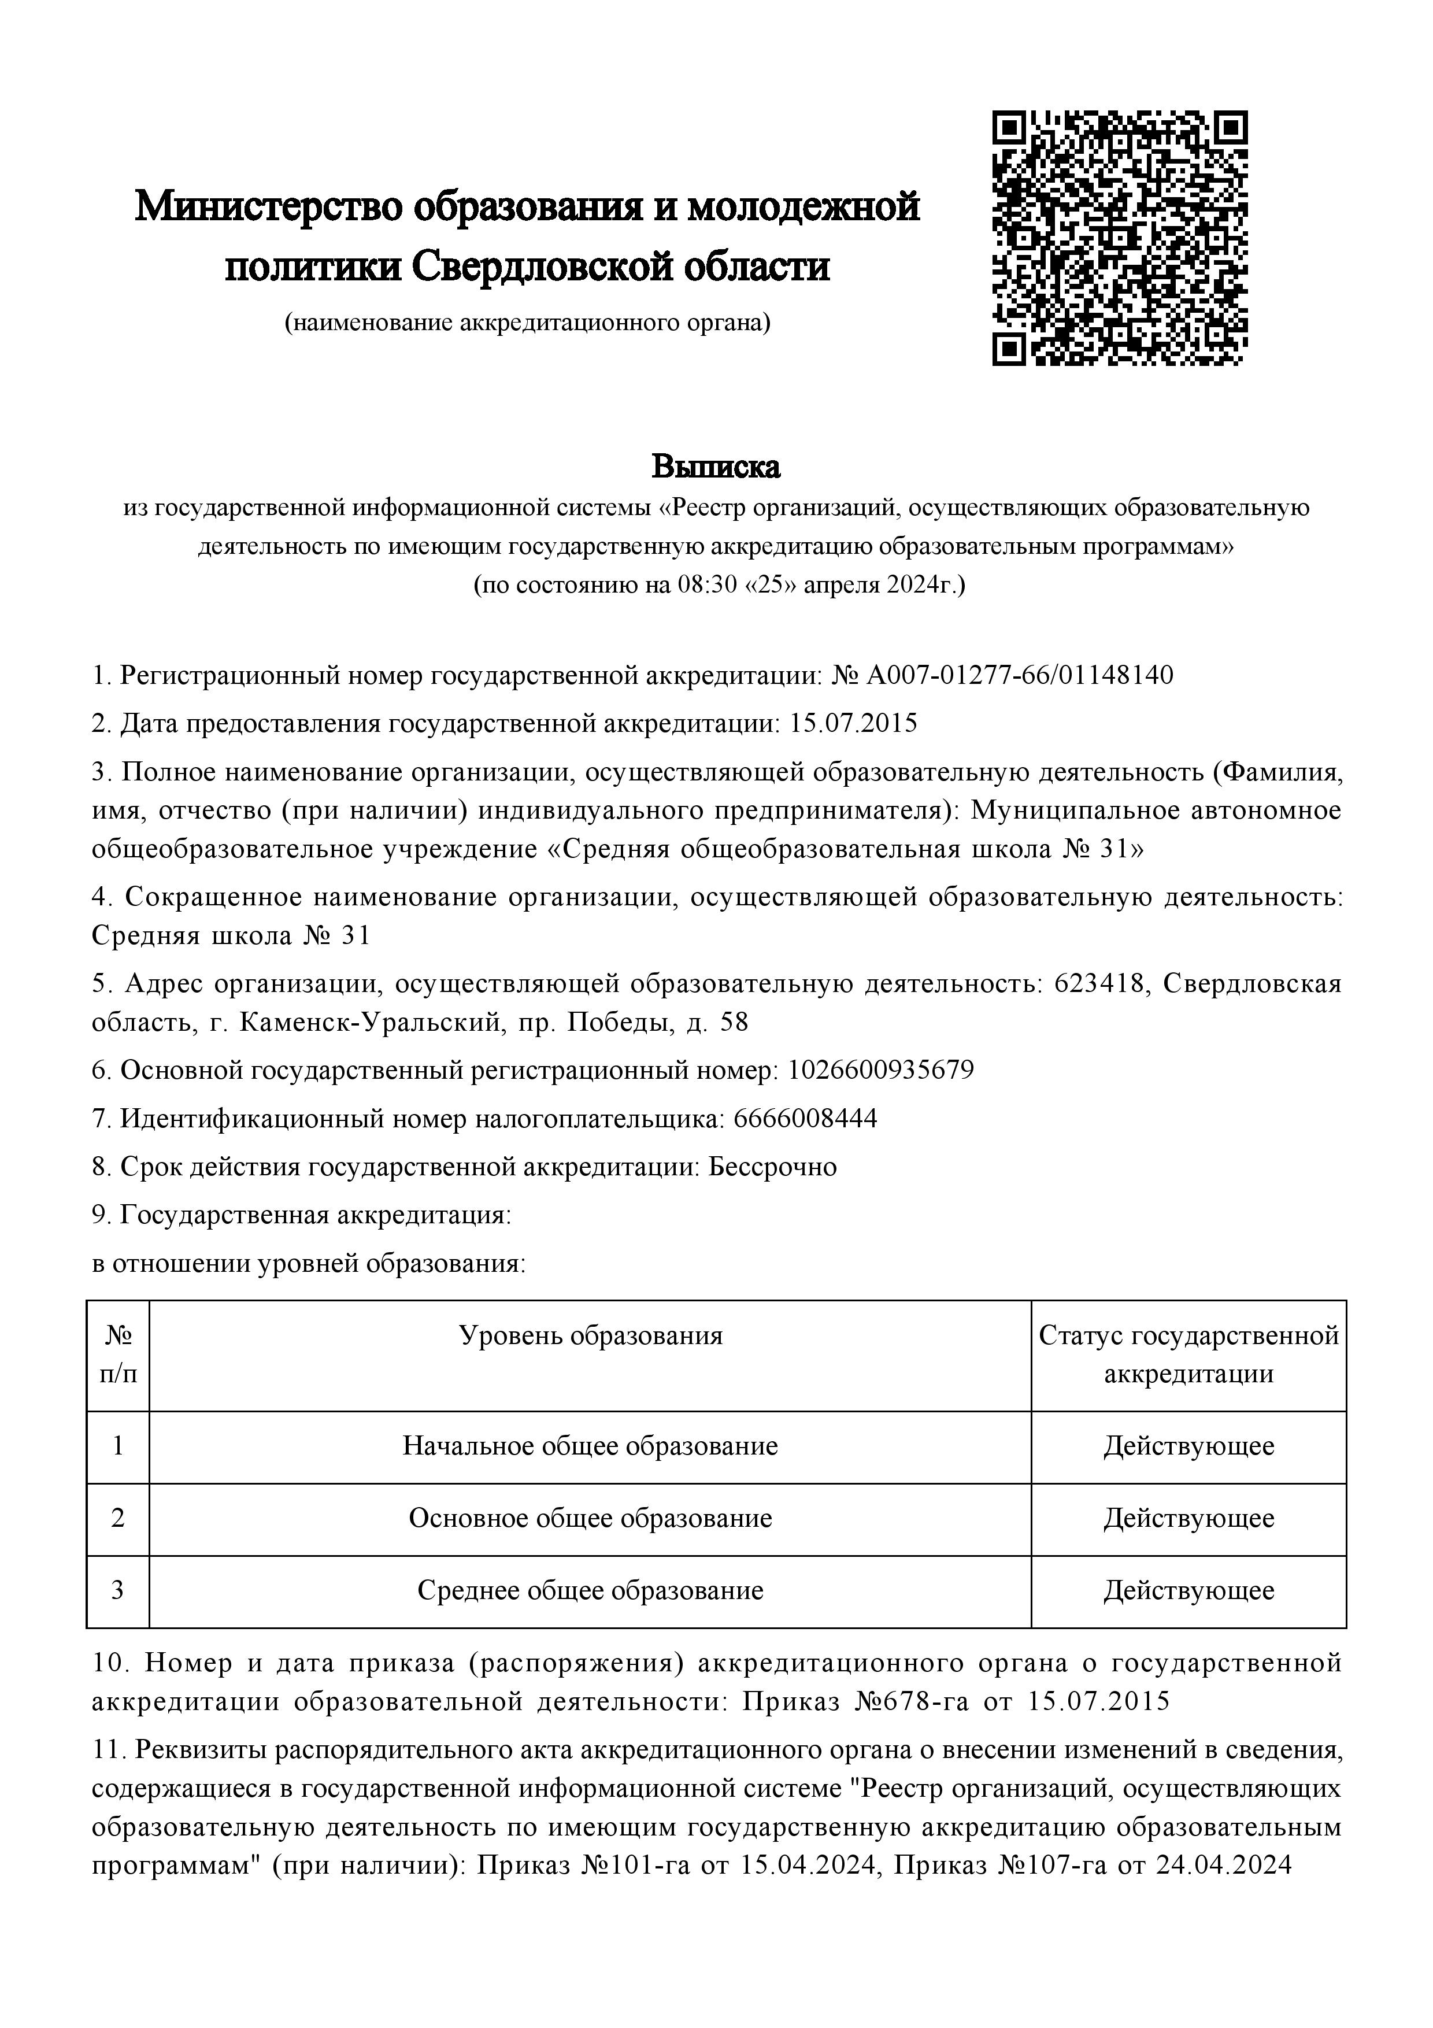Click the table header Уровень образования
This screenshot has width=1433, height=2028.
pyautogui.click(x=590, y=1335)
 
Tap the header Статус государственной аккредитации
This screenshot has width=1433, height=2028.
pyautogui.click(x=1188, y=1354)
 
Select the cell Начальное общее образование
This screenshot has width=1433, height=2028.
pyautogui.click(x=590, y=1446)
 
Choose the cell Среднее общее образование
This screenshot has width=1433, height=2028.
pyautogui.click(x=590, y=1591)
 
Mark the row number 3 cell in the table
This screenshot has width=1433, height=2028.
pyautogui.click(x=117, y=1591)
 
